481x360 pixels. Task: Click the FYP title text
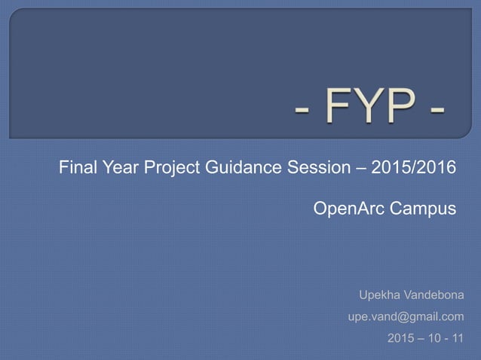tap(369, 108)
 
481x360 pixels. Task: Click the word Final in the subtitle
tap(77, 168)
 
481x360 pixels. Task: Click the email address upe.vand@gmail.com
tap(406, 317)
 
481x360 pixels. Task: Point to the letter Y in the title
tap(367, 108)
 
